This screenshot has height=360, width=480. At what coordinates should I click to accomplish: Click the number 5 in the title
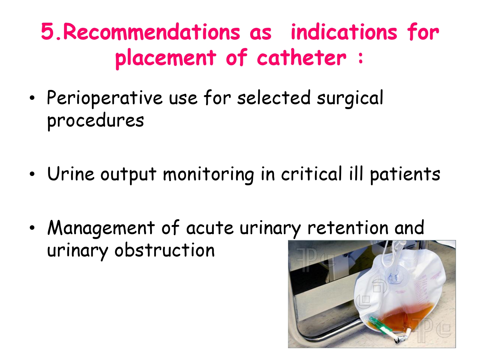click(x=48, y=32)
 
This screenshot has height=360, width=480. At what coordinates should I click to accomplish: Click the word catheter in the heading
click(x=301, y=58)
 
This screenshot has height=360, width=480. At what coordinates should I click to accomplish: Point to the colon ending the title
click(x=361, y=58)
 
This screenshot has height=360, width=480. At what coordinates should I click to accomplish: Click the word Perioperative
click(x=104, y=98)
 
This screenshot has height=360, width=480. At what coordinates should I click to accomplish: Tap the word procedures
click(x=95, y=121)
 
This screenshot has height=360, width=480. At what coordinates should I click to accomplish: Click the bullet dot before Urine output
click(x=32, y=174)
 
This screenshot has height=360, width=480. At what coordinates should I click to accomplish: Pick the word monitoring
click(x=208, y=175)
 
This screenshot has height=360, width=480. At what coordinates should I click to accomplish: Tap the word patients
click(x=405, y=175)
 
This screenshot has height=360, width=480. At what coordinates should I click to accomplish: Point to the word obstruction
click(x=164, y=250)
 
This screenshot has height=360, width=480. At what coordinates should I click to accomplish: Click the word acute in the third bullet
click(x=210, y=228)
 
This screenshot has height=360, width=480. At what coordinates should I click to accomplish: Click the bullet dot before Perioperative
click(x=32, y=98)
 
